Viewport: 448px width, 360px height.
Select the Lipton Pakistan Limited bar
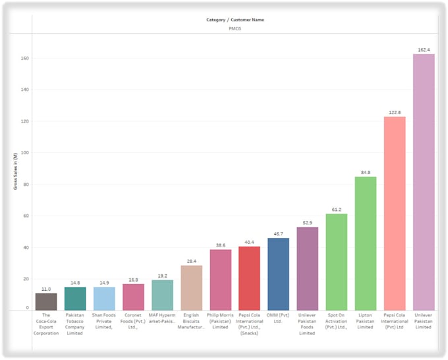366,243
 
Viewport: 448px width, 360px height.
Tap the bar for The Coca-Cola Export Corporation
46,301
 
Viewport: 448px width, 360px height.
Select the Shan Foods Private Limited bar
104,298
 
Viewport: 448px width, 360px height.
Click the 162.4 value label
424,50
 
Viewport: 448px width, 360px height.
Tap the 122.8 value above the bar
395,113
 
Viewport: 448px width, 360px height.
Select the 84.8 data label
366,173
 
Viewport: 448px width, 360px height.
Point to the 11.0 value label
46,289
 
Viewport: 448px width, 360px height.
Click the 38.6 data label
220,245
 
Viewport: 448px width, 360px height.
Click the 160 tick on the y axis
25,58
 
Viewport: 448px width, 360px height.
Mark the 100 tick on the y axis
25,153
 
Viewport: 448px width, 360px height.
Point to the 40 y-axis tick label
26,247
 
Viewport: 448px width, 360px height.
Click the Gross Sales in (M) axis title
15,171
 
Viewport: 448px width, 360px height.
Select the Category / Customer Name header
235,20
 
